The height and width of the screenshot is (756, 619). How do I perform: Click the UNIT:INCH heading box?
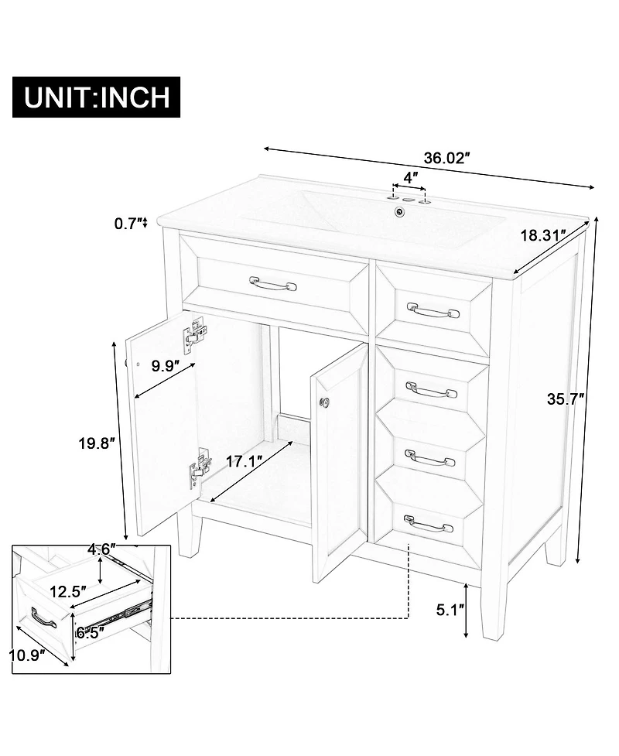(97, 97)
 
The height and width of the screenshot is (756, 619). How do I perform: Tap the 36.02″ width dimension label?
(447, 158)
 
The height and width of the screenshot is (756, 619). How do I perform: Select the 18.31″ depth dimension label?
(542, 235)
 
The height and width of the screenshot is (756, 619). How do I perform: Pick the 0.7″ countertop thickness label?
(128, 224)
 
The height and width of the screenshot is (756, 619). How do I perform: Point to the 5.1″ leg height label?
(450, 608)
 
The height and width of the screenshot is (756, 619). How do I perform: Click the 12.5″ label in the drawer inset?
(67, 591)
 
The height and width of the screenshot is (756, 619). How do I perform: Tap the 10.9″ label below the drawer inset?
(26, 655)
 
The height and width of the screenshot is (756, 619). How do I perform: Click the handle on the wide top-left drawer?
(272, 285)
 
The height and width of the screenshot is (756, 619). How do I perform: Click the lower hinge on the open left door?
(199, 468)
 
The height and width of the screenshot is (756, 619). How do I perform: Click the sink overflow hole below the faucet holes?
(399, 211)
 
